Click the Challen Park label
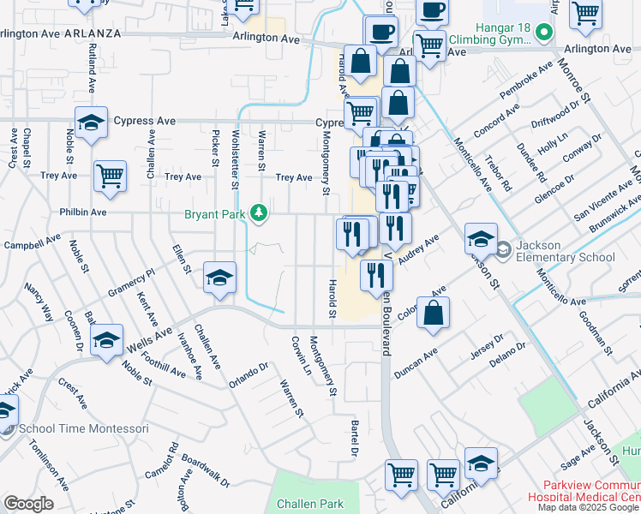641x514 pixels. click(308, 505)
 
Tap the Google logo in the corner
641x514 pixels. click(28, 504)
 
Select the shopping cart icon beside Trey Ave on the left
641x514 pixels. click(111, 176)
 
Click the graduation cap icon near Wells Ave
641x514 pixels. click(106, 340)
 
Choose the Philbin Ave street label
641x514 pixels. click(83, 212)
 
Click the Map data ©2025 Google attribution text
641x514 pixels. click(589, 507)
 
